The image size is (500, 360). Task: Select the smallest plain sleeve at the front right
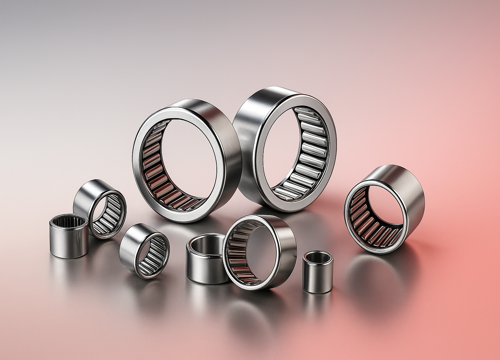(318, 272)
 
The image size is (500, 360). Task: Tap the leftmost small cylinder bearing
(69, 236)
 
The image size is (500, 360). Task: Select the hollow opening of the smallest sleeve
(318, 258)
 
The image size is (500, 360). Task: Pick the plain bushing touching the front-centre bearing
(206, 259)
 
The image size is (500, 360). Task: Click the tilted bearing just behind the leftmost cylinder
(100, 208)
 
